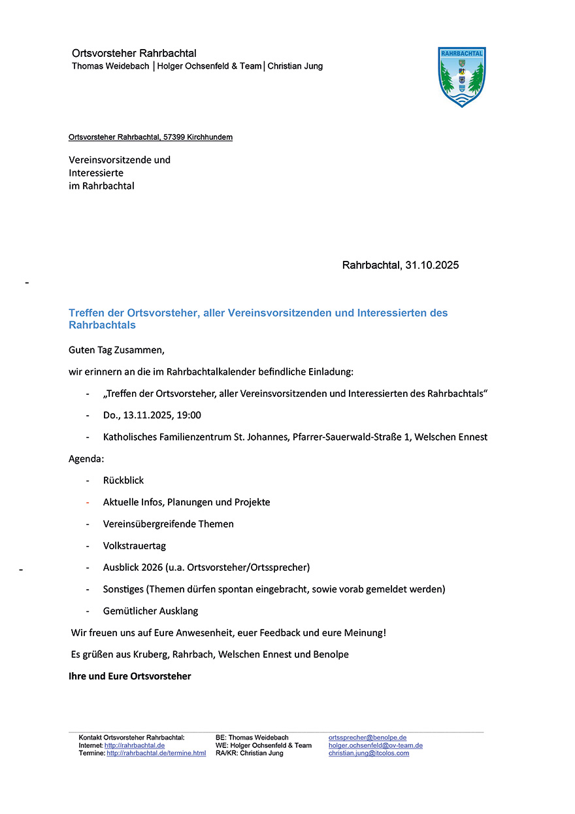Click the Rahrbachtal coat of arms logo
tap(462, 76)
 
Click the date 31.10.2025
tap(432, 265)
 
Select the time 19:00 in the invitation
tap(189, 415)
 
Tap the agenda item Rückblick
tap(123, 481)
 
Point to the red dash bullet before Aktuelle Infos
tap(88, 502)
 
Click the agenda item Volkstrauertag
tap(130, 546)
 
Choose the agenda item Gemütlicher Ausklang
tap(150, 611)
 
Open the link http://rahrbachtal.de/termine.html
tap(156, 753)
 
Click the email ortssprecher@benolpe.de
tap(367, 738)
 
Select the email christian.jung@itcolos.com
tap(369, 753)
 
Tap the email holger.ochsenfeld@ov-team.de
tap(375, 745)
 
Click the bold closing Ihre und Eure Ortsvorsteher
tap(130, 676)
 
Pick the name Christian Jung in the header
tap(295, 66)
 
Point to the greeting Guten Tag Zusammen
tap(112, 350)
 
